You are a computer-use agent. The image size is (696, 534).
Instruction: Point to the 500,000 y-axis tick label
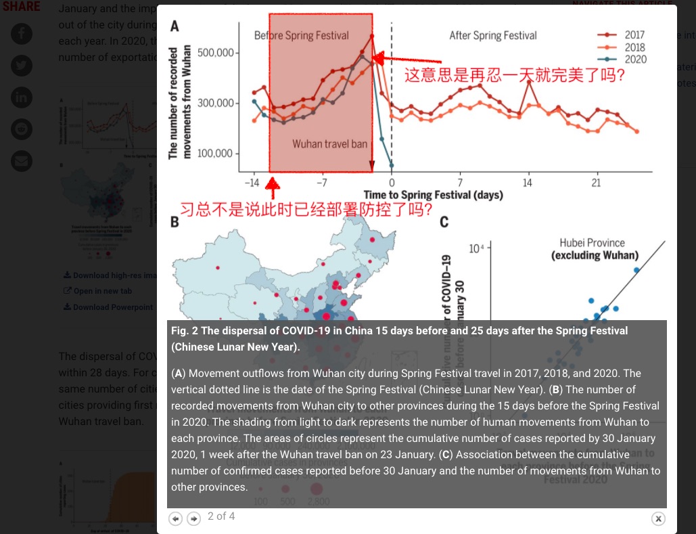point(215,53)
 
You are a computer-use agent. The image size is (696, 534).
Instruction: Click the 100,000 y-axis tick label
point(215,154)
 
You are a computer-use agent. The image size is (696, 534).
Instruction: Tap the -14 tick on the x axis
point(251,183)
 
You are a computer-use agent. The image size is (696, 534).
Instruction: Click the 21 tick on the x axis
point(596,183)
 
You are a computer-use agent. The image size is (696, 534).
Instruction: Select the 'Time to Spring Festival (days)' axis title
point(433,195)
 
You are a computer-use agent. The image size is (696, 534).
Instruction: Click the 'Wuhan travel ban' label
point(329,144)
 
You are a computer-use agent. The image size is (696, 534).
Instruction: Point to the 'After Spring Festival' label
point(492,36)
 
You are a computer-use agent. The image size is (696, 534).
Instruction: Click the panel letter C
point(444,222)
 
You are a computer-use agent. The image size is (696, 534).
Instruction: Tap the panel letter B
point(174,221)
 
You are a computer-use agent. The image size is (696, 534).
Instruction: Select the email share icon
point(22,161)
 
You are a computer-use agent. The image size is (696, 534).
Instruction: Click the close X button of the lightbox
point(658,518)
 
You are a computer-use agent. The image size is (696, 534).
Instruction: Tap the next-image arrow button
point(193,518)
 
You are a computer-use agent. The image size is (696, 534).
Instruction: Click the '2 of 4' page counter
point(221,516)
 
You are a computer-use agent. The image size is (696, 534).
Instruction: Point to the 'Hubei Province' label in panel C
point(592,243)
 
